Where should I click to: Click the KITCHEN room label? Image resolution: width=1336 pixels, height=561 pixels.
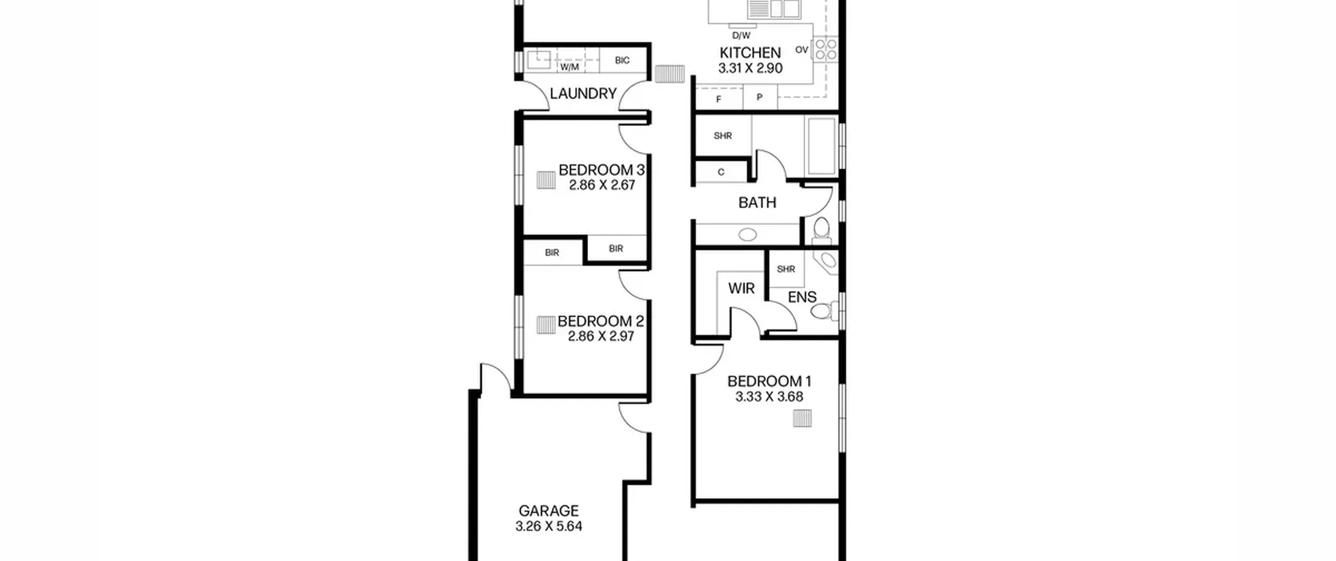pyautogui.click(x=750, y=53)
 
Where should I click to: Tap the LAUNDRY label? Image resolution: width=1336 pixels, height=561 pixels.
pyautogui.click(x=583, y=93)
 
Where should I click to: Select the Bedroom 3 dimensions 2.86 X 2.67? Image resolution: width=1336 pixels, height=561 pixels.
pyautogui.click(x=602, y=185)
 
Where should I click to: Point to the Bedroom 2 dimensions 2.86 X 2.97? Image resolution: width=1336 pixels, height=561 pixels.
pyautogui.click(x=601, y=337)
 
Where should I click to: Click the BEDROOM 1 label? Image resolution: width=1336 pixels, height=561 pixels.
pyautogui.click(x=769, y=381)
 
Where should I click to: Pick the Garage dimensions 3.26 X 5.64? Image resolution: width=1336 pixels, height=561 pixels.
pyautogui.click(x=548, y=527)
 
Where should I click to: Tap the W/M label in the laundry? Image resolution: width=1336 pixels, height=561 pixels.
pyautogui.click(x=569, y=67)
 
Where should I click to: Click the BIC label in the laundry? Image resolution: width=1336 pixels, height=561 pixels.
pyautogui.click(x=622, y=61)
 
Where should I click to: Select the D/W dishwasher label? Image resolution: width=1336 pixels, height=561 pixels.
pyautogui.click(x=741, y=35)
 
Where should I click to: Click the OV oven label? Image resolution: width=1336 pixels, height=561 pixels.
pyautogui.click(x=802, y=50)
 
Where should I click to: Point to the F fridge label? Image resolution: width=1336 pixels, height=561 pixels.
pyautogui.click(x=719, y=99)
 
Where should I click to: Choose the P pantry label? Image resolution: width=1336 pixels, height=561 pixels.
pyautogui.click(x=759, y=98)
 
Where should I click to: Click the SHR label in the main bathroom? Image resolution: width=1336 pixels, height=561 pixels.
pyautogui.click(x=723, y=136)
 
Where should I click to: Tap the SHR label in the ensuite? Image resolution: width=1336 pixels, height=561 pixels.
pyautogui.click(x=786, y=269)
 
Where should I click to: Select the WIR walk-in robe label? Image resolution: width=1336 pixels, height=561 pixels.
pyautogui.click(x=741, y=288)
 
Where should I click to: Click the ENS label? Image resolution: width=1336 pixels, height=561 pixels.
pyautogui.click(x=802, y=297)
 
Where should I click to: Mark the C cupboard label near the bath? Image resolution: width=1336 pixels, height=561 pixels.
pyautogui.click(x=721, y=172)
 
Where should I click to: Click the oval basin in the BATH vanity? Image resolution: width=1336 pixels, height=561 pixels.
pyautogui.click(x=748, y=235)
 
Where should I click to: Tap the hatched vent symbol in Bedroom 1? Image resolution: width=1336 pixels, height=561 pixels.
pyautogui.click(x=802, y=419)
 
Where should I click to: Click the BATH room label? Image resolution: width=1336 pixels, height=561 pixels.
pyautogui.click(x=757, y=202)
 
